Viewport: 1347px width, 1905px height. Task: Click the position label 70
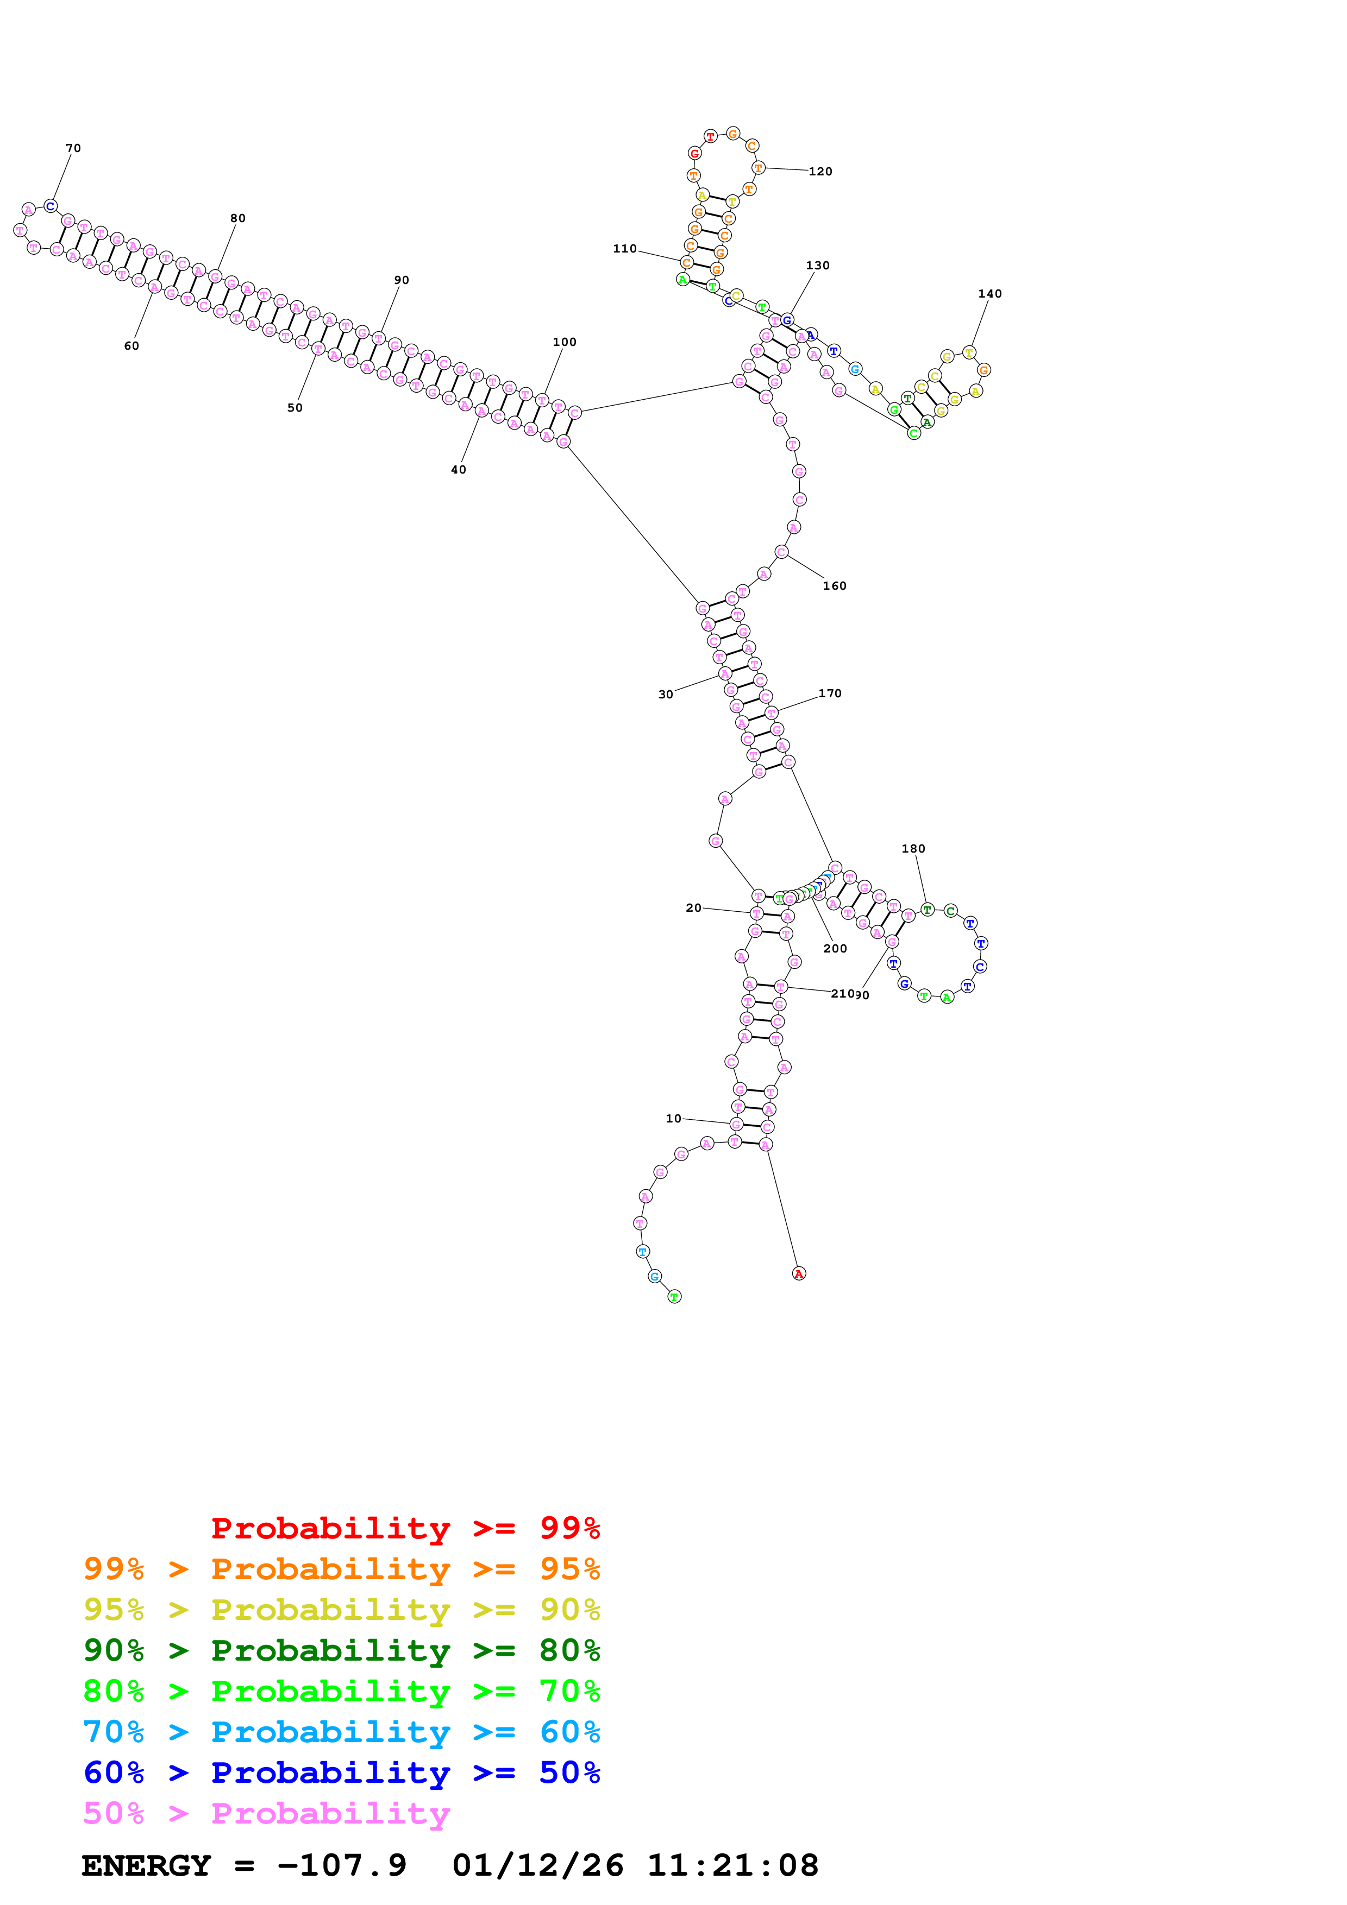point(73,148)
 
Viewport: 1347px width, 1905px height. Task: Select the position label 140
point(989,294)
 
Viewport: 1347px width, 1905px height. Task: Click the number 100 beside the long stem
point(565,342)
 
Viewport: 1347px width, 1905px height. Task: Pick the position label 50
point(295,407)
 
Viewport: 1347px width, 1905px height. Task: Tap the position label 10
point(673,1119)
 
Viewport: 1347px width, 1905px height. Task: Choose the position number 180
point(913,849)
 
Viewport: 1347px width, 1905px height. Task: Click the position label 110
point(624,248)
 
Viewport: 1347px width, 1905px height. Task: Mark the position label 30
point(666,695)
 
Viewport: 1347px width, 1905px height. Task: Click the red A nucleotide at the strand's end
point(798,1273)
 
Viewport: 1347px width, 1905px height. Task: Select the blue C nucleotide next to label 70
point(51,206)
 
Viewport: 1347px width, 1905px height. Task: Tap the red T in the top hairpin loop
point(710,136)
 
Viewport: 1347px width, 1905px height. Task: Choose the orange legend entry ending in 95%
point(341,1569)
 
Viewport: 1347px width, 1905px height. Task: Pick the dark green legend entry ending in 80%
point(341,1650)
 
